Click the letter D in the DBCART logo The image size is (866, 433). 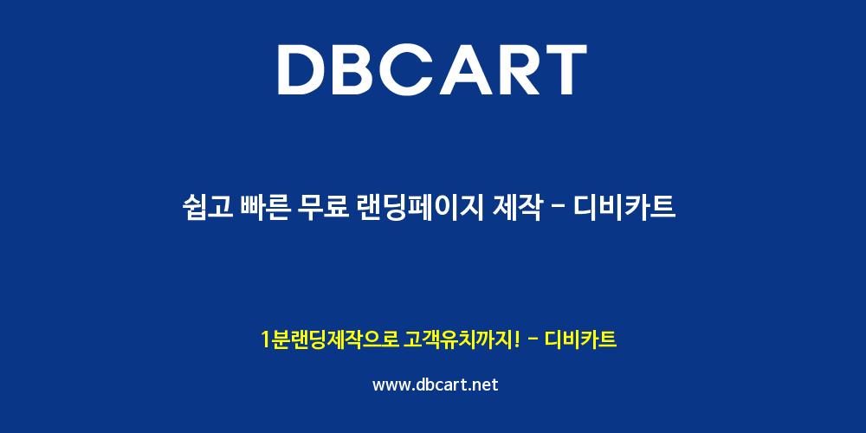click(x=303, y=69)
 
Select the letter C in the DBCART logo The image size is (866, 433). click(x=414, y=69)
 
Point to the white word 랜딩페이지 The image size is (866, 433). click(x=422, y=208)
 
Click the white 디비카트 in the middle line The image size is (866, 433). click(x=624, y=208)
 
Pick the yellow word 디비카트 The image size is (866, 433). click(x=580, y=339)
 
